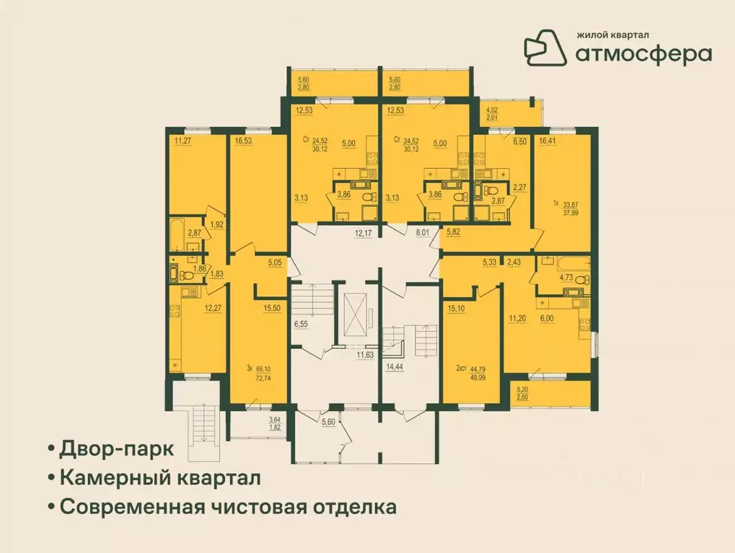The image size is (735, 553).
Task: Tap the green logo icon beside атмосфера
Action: [x=546, y=45]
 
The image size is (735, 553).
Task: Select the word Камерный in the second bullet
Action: [x=115, y=477]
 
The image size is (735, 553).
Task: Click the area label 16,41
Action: [x=547, y=141]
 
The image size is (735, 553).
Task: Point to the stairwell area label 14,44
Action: [x=395, y=367]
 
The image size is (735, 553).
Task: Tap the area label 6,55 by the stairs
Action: [x=301, y=325]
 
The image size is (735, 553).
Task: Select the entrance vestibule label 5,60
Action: [x=329, y=422]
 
